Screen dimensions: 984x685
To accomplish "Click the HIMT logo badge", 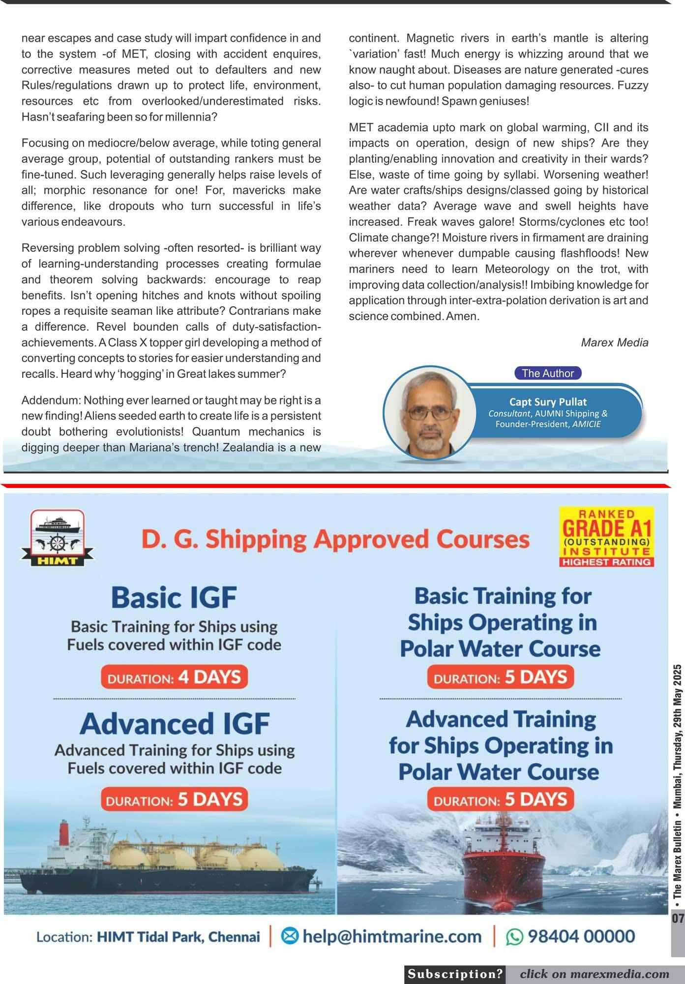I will tap(57, 537).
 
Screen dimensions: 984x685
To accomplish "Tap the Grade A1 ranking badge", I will tap(606, 537).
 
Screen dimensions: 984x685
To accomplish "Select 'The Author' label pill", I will tap(548, 373).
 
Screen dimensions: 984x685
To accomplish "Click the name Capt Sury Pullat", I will tap(548, 402).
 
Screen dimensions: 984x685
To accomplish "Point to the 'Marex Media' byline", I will tap(614, 342).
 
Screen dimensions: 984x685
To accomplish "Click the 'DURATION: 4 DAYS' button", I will tap(174, 677).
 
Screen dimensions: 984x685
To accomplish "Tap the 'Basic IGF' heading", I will tap(174, 597).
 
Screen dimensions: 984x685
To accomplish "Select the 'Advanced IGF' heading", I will tap(175, 723).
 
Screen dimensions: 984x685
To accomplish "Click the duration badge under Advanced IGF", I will tap(174, 799).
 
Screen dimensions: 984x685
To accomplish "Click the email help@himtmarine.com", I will tap(391, 936).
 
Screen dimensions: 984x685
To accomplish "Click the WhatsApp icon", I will tap(514, 936).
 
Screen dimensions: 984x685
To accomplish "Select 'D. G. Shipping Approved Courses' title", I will tap(335, 539).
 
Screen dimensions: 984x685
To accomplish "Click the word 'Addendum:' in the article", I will tap(48, 400).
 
